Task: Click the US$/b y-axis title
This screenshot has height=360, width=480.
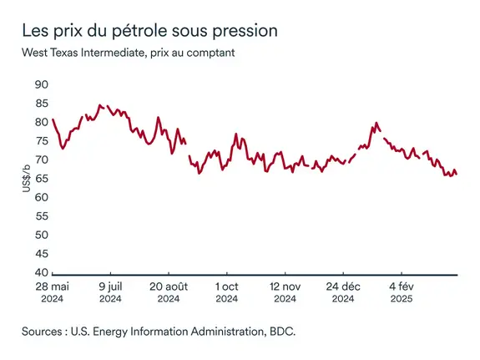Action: pos(27,179)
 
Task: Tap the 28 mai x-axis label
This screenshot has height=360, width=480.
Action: pos(52,286)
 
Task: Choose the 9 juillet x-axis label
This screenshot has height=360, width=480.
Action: pos(110,286)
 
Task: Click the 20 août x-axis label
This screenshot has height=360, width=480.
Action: pos(169,286)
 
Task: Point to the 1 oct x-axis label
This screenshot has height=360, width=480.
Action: pos(227,286)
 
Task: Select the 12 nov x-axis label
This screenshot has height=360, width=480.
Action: pos(285,286)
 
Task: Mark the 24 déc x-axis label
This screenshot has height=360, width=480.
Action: pos(344,286)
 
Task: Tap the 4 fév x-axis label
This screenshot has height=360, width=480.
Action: pos(402,286)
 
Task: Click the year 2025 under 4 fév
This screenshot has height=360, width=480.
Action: pos(402,298)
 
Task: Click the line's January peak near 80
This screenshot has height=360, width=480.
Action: pos(376,123)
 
